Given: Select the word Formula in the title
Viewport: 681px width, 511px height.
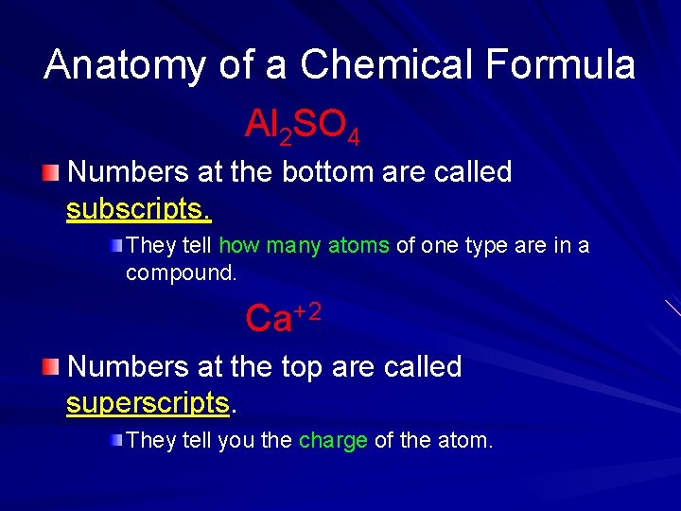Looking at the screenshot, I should [x=560, y=64].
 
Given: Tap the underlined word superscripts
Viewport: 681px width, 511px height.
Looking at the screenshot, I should [x=148, y=403].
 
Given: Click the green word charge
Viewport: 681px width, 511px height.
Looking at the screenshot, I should [x=333, y=440].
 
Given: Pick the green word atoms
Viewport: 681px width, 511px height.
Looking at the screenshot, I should [x=358, y=246].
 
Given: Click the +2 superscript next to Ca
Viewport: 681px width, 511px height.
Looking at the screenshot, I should [x=307, y=310].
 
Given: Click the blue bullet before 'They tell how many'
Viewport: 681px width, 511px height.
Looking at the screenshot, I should [x=114, y=246].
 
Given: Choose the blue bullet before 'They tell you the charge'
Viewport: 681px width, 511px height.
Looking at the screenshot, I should [x=114, y=440].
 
